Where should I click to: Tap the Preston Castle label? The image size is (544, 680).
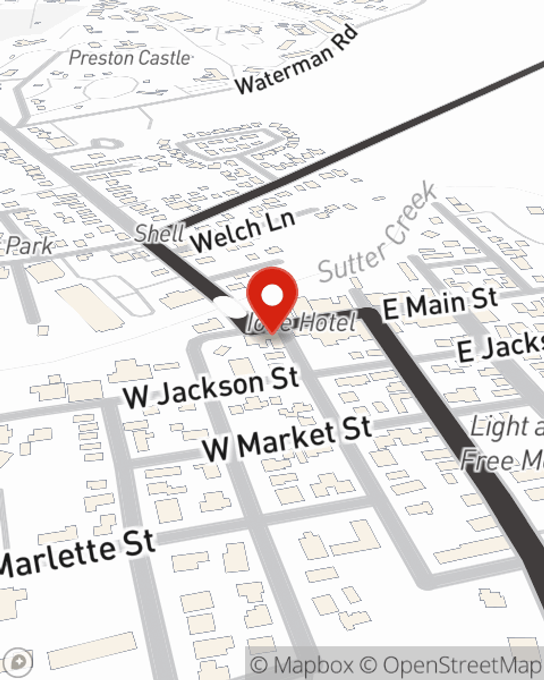click(x=130, y=58)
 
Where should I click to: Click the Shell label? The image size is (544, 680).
click(x=159, y=233)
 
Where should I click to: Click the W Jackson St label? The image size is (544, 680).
click(x=211, y=387)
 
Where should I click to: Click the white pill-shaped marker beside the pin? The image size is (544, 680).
click(x=231, y=306)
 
